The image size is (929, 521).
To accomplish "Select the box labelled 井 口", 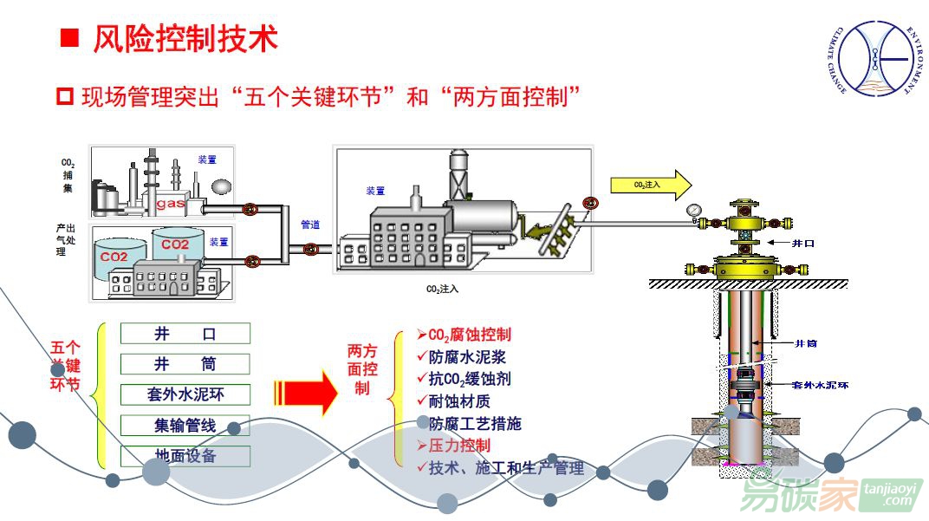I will [x=185, y=334].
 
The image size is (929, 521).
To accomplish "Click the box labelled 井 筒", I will [x=185, y=364].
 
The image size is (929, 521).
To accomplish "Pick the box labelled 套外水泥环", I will [x=185, y=395].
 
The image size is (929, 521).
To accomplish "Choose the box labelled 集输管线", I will [x=185, y=426].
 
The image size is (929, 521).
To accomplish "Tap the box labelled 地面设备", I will [x=185, y=456].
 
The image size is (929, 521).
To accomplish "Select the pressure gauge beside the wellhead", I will [x=694, y=210].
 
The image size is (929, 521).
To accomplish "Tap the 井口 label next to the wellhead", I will [x=803, y=244].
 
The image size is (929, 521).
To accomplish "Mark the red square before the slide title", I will [x=69, y=38].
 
